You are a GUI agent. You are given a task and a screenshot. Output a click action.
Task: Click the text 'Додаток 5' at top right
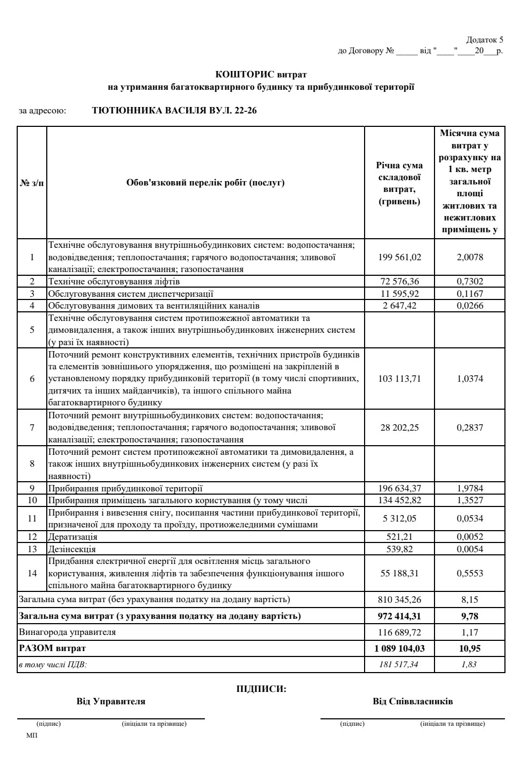[x=485, y=40]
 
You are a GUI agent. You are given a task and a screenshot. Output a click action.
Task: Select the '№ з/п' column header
[x=32, y=183]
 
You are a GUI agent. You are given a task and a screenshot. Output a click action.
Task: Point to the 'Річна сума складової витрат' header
[x=399, y=183]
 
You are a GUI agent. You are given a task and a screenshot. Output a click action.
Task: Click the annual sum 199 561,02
[x=399, y=257]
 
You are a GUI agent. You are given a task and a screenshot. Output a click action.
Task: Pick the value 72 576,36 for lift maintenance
[x=399, y=281]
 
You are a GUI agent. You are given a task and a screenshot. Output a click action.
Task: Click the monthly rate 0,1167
[x=469, y=294]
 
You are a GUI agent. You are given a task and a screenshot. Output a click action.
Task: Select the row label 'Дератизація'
[x=73, y=537]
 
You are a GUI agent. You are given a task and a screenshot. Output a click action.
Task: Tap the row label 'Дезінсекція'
[x=72, y=549]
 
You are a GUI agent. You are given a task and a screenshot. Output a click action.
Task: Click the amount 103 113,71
[x=399, y=378]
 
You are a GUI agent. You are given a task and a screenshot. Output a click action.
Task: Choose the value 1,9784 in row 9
[x=469, y=488]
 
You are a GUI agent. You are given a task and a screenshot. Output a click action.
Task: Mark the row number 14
[x=32, y=573]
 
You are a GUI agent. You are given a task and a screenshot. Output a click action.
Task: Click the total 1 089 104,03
[x=399, y=648]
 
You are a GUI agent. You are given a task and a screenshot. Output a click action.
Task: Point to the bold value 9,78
[x=469, y=616]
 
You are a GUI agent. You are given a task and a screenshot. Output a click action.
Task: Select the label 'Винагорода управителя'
[x=67, y=632]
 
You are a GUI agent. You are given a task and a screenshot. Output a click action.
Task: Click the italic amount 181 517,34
[x=399, y=665]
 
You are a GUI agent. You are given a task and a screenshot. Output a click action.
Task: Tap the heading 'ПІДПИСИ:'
[x=261, y=689]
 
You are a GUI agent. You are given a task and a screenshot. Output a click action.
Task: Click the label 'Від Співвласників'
[x=412, y=702]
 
